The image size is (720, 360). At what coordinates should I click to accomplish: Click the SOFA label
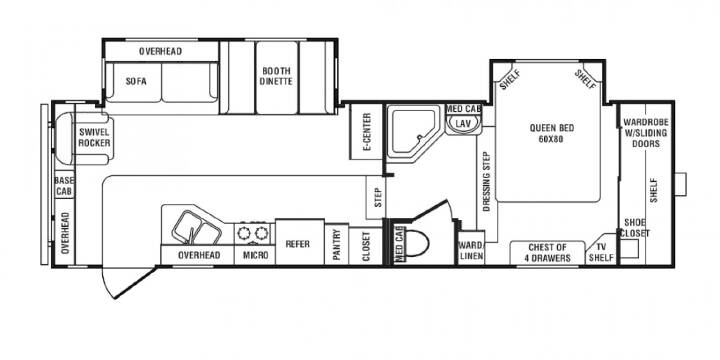pyautogui.click(x=136, y=82)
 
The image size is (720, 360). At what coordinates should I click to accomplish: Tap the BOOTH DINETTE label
pyautogui.click(x=276, y=76)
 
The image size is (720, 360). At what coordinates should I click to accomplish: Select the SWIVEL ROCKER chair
pyautogui.click(x=83, y=138)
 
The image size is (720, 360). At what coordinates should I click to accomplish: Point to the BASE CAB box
pyautogui.click(x=64, y=186)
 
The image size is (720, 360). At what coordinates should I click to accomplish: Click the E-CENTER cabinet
pyautogui.click(x=366, y=132)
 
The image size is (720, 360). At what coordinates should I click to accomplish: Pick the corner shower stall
pyautogui.click(x=412, y=132)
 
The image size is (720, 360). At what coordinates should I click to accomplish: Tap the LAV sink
pyautogui.click(x=464, y=124)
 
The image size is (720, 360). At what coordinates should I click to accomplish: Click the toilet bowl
pyautogui.click(x=416, y=243)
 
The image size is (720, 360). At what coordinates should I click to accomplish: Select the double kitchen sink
pyautogui.click(x=196, y=227)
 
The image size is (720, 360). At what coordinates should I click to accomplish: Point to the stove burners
pyautogui.click(x=253, y=233)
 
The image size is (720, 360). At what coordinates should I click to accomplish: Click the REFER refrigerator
pyautogui.click(x=299, y=242)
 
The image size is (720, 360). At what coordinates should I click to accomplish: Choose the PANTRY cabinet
pyautogui.click(x=337, y=244)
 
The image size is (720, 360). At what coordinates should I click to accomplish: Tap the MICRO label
pyautogui.click(x=255, y=255)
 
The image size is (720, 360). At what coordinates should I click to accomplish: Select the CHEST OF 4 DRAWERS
pyautogui.click(x=547, y=253)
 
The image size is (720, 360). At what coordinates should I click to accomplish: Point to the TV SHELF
pyautogui.click(x=601, y=251)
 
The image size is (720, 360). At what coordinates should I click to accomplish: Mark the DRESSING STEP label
pyautogui.click(x=487, y=181)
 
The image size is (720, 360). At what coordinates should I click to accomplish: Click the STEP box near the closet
pyautogui.click(x=377, y=197)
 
